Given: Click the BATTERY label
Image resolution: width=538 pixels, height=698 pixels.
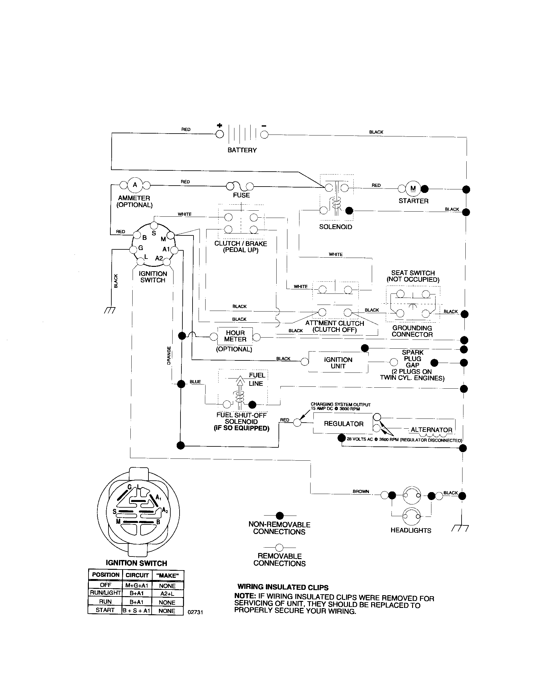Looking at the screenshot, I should click(x=242, y=150).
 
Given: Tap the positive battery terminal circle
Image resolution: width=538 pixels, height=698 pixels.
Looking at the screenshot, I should click(x=220, y=134).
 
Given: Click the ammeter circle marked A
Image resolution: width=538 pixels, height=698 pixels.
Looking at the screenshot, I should click(x=135, y=185).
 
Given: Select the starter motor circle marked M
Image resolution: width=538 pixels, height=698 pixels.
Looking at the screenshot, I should click(x=413, y=188).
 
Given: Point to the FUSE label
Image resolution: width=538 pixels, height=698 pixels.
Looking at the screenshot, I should click(x=241, y=195).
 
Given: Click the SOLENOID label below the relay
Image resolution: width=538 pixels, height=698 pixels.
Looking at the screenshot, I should click(x=335, y=227).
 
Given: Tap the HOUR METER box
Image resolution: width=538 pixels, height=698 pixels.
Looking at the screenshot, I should click(x=235, y=336).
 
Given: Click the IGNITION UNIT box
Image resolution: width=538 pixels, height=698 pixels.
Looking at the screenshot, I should click(x=338, y=363).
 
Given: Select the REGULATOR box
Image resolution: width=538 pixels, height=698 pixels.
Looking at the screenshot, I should click(x=344, y=424).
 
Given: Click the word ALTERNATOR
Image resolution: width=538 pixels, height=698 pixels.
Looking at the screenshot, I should click(x=431, y=430).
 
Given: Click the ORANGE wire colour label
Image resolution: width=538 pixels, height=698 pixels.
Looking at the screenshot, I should click(x=169, y=355).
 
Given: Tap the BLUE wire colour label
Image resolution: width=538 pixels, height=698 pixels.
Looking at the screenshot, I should click(x=195, y=382).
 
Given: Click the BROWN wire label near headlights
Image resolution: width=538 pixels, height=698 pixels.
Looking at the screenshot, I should click(x=361, y=491).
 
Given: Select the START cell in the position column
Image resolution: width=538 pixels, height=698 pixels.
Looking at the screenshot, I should click(x=105, y=610).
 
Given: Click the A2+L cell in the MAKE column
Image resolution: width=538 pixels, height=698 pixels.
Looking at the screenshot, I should click(x=167, y=593).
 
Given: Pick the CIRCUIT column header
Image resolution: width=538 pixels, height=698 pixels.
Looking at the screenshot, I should click(x=137, y=575).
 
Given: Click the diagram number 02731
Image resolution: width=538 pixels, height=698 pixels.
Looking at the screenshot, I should click(x=195, y=612).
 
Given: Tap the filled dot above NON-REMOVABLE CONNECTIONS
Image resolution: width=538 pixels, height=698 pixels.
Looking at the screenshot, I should click(x=280, y=516).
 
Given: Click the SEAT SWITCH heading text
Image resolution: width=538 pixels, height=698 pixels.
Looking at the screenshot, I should click(x=413, y=273).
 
